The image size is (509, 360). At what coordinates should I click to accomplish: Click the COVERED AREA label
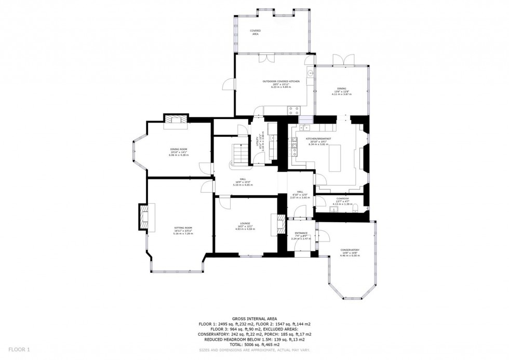pos(255,32)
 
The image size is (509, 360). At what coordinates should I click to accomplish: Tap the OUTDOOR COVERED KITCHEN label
pos(281,82)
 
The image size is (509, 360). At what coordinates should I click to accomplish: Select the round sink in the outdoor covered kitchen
pos(310,74)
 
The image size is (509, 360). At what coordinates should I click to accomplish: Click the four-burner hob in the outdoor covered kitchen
pos(294,110)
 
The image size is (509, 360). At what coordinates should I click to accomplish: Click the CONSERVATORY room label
pos(350,250)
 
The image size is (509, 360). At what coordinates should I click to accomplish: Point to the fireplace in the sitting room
pos(144,217)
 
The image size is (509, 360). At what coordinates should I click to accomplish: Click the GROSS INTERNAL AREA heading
pos(254,318)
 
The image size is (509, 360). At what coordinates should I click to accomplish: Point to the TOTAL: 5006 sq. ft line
pos(254,344)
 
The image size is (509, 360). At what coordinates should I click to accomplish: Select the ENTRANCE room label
pos(301,233)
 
